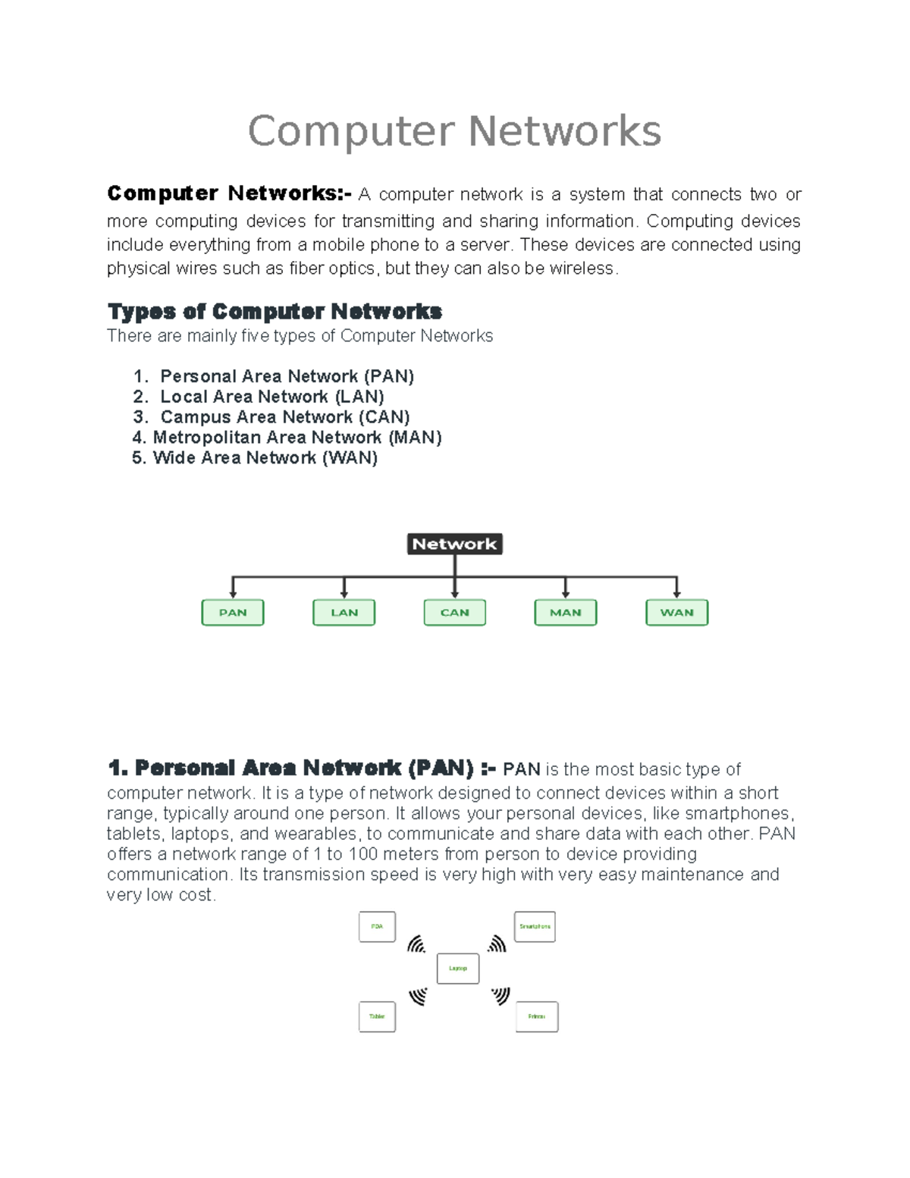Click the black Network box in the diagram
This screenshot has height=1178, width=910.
[454, 544]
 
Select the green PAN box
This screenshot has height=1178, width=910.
[233, 612]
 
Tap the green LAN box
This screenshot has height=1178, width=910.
[344, 612]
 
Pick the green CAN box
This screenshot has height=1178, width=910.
[454, 612]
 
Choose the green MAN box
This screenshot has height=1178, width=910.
[566, 612]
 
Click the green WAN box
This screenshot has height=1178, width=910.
[676, 612]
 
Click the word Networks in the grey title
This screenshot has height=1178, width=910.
[564, 131]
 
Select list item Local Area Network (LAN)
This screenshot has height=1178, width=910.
[271, 397]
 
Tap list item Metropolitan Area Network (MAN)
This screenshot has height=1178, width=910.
[297, 438]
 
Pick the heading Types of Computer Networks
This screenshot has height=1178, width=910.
[275, 312]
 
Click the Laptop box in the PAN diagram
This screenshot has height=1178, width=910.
[458, 969]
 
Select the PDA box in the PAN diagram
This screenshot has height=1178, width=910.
[377, 927]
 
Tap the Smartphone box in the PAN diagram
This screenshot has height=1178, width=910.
[535, 927]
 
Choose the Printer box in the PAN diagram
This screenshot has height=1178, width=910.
[537, 1016]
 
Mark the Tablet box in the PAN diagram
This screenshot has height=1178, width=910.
[377, 1016]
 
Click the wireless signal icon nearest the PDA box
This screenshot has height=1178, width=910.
[416, 944]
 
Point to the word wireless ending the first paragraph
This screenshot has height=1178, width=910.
[582, 269]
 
